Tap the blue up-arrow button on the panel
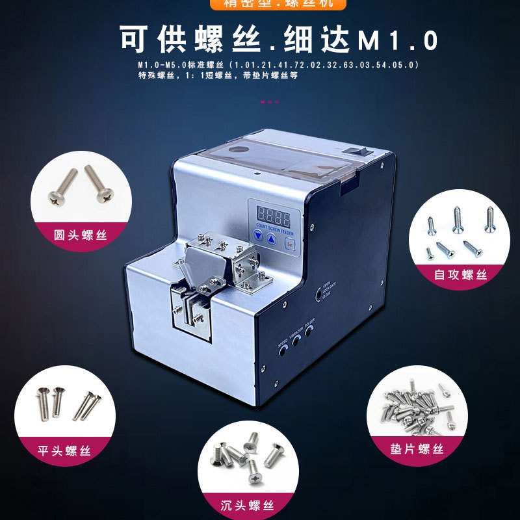point(271,239)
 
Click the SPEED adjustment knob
point(284,350)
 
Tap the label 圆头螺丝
point(81,235)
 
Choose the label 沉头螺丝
point(247,505)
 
